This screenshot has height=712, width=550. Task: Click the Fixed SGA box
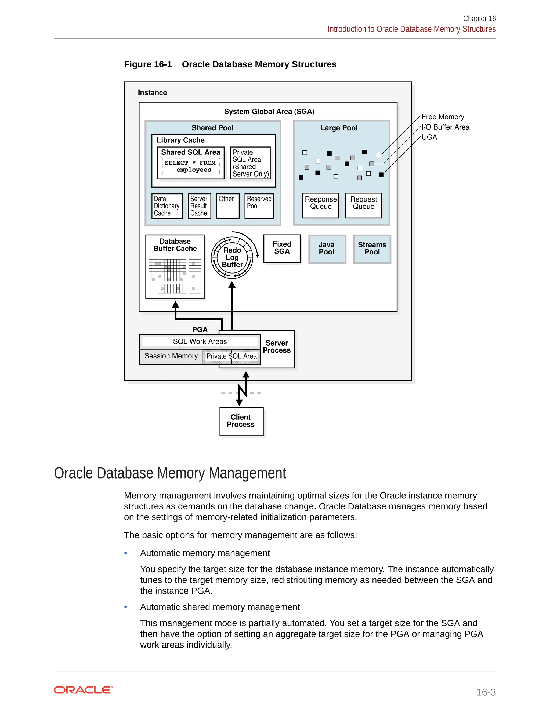coord(282,249)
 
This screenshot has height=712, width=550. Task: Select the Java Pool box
coord(327,249)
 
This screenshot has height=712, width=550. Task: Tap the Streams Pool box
coord(372,249)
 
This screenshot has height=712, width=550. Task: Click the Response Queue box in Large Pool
coord(321,205)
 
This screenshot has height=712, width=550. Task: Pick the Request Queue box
coord(363,205)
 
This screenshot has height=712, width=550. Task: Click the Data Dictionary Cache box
coord(167,206)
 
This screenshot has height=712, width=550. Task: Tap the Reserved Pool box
coord(259,206)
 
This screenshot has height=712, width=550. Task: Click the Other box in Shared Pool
coord(228,206)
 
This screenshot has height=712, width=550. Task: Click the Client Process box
coord(241,421)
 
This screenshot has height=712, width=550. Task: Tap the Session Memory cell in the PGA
coord(171,356)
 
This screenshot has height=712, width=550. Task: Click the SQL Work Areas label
coord(200,341)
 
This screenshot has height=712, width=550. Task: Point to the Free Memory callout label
coord(443,117)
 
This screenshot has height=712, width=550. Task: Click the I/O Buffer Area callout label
coord(446,127)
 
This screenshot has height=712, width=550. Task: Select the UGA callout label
coord(429,137)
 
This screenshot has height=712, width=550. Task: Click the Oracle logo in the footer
coord(83,690)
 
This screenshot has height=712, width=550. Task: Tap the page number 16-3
coord(486,692)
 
